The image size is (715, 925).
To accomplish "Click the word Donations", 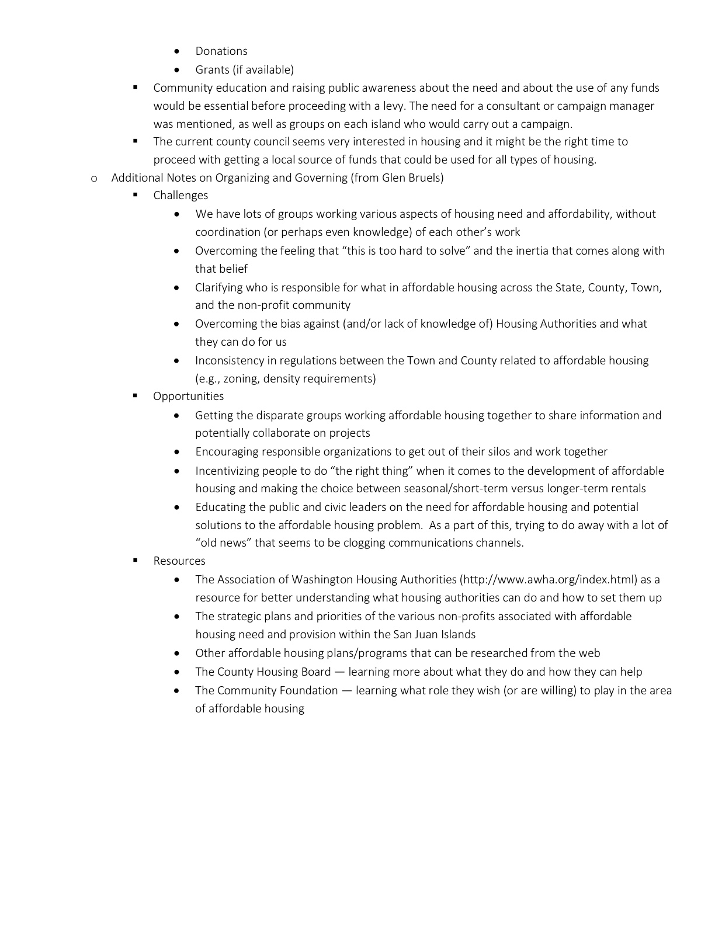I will pos(221,51).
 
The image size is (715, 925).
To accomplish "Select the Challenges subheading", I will pos(181,196).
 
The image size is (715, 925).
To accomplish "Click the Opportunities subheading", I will pos(188,397).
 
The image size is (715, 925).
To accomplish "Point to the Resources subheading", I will pos(179,561).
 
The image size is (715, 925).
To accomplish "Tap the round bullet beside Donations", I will pos(177,51).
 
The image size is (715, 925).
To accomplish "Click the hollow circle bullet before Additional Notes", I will pos(93,179).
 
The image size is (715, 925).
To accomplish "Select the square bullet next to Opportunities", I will pos(135,396).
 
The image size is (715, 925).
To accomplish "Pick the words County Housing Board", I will pos(274,672).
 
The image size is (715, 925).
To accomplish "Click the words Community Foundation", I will pos(277,691).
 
